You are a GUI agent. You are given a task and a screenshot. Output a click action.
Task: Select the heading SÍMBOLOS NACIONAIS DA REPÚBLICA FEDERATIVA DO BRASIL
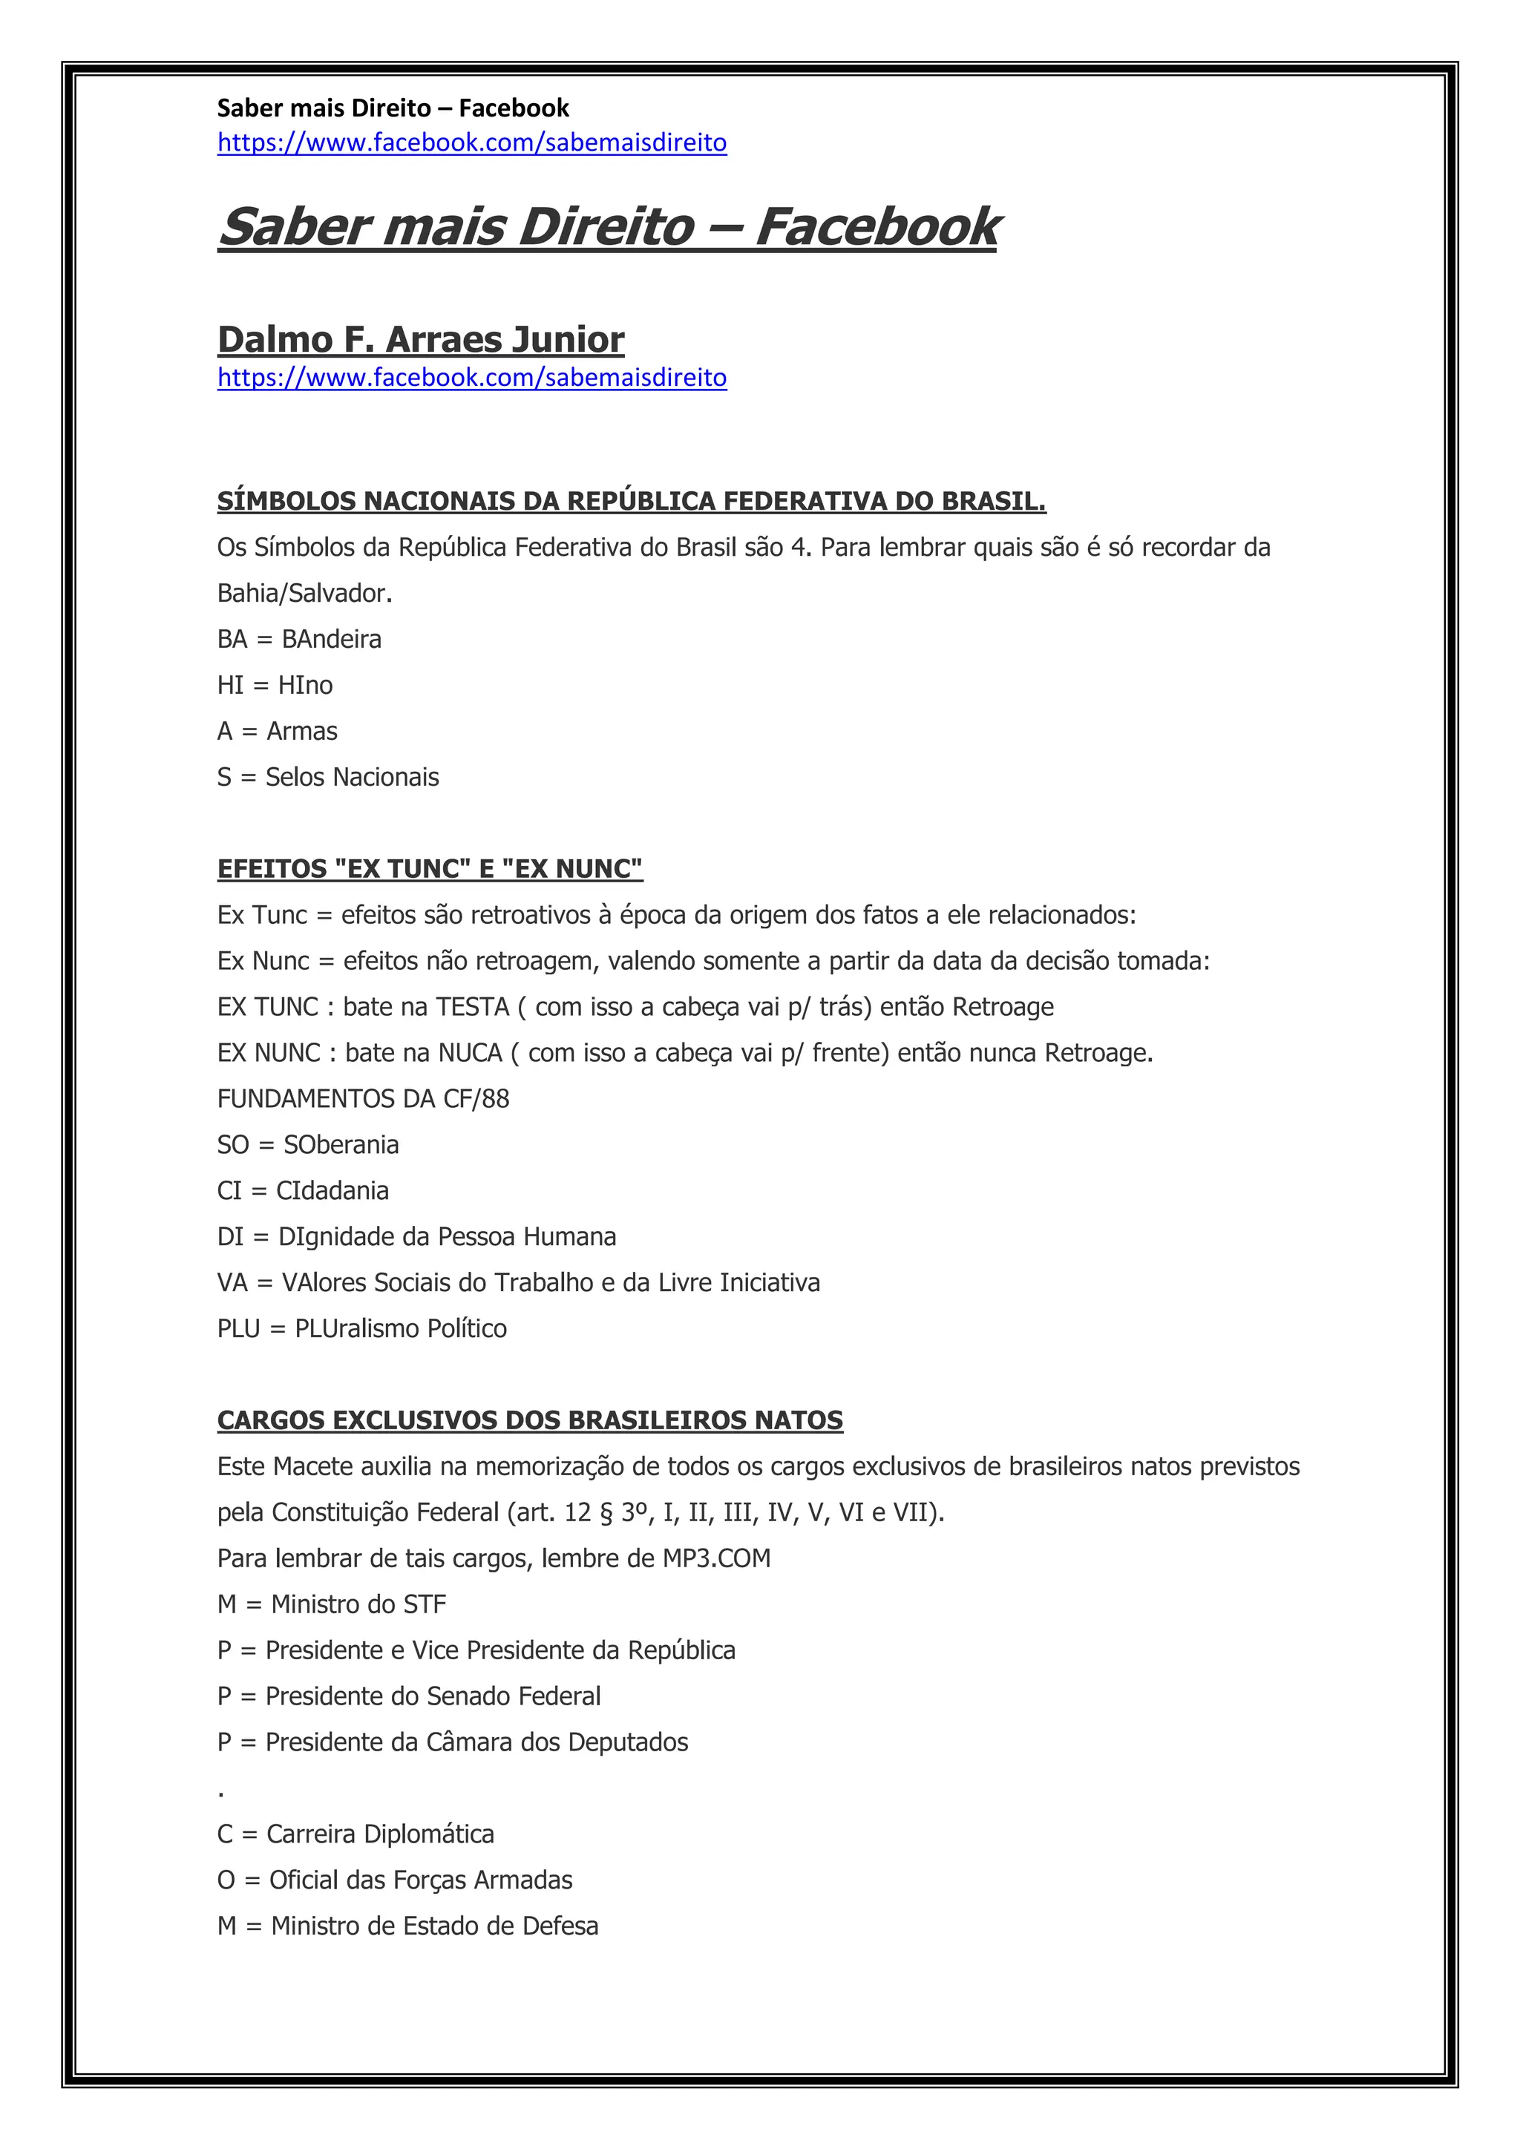[631, 502]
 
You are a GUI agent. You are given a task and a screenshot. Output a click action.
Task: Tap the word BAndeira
[331, 639]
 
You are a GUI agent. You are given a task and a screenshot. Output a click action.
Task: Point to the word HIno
[305, 685]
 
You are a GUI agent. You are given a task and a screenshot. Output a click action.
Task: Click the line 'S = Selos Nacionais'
[327, 777]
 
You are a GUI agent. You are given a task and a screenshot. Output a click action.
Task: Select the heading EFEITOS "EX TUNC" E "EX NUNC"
[430, 869]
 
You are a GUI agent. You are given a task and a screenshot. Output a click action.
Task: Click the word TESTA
[472, 1007]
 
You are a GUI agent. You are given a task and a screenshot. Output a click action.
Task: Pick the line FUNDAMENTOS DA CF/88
[363, 1099]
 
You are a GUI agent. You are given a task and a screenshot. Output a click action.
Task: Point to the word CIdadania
[332, 1190]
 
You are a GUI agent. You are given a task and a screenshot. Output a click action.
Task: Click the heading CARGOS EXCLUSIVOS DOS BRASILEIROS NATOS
[530, 1421]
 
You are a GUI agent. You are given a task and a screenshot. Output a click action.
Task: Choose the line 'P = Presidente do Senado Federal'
[408, 1696]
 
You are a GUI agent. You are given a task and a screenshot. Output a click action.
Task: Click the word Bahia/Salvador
[304, 594]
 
